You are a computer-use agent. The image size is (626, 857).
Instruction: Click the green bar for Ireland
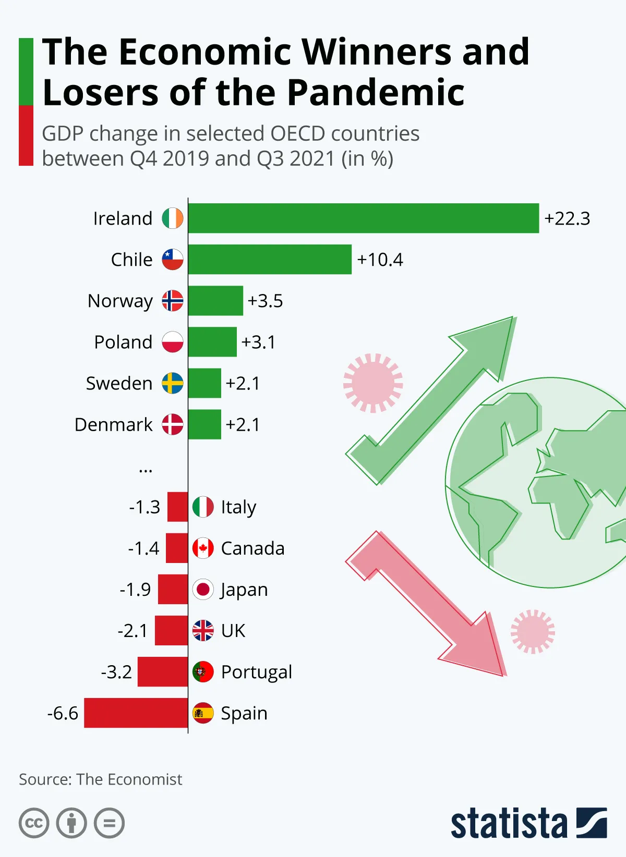click(x=363, y=218)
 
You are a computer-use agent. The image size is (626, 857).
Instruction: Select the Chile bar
click(x=270, y=260)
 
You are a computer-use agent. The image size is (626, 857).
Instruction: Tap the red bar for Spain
click(x=136, y=713)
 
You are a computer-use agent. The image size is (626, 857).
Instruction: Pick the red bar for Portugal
click(x=162, y=671)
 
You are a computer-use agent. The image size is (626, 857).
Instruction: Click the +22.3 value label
click(x=567, y=218)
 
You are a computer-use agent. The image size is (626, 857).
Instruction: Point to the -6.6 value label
click(x=63, y=713)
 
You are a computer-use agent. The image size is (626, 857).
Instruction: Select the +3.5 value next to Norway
click(x=265, y=301)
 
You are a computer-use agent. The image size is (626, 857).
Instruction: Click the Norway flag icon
click(x=173, y=301)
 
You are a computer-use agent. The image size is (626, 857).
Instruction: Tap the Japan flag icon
click(x=203, y=589)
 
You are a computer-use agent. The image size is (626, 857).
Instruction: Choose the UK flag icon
click(x=203, y=630)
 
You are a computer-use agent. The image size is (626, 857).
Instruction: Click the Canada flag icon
click(x=203, y=548)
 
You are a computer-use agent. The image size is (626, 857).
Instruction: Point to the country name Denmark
click(x=114, y=425)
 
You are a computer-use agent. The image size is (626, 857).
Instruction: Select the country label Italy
click(x=238, y=507)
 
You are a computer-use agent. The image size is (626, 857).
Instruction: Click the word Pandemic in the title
click(x=376, y=93)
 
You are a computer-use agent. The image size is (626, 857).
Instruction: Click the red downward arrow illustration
click(x=428, y=605)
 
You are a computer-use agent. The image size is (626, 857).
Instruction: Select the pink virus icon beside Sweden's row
click(x=373, y=383)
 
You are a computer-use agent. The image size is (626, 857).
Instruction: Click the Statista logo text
click(x=509, y=824)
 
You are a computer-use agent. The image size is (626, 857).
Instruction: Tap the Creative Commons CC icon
click(x=34, y=824)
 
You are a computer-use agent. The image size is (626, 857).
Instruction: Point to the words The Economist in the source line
click(x=129, y=779)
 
